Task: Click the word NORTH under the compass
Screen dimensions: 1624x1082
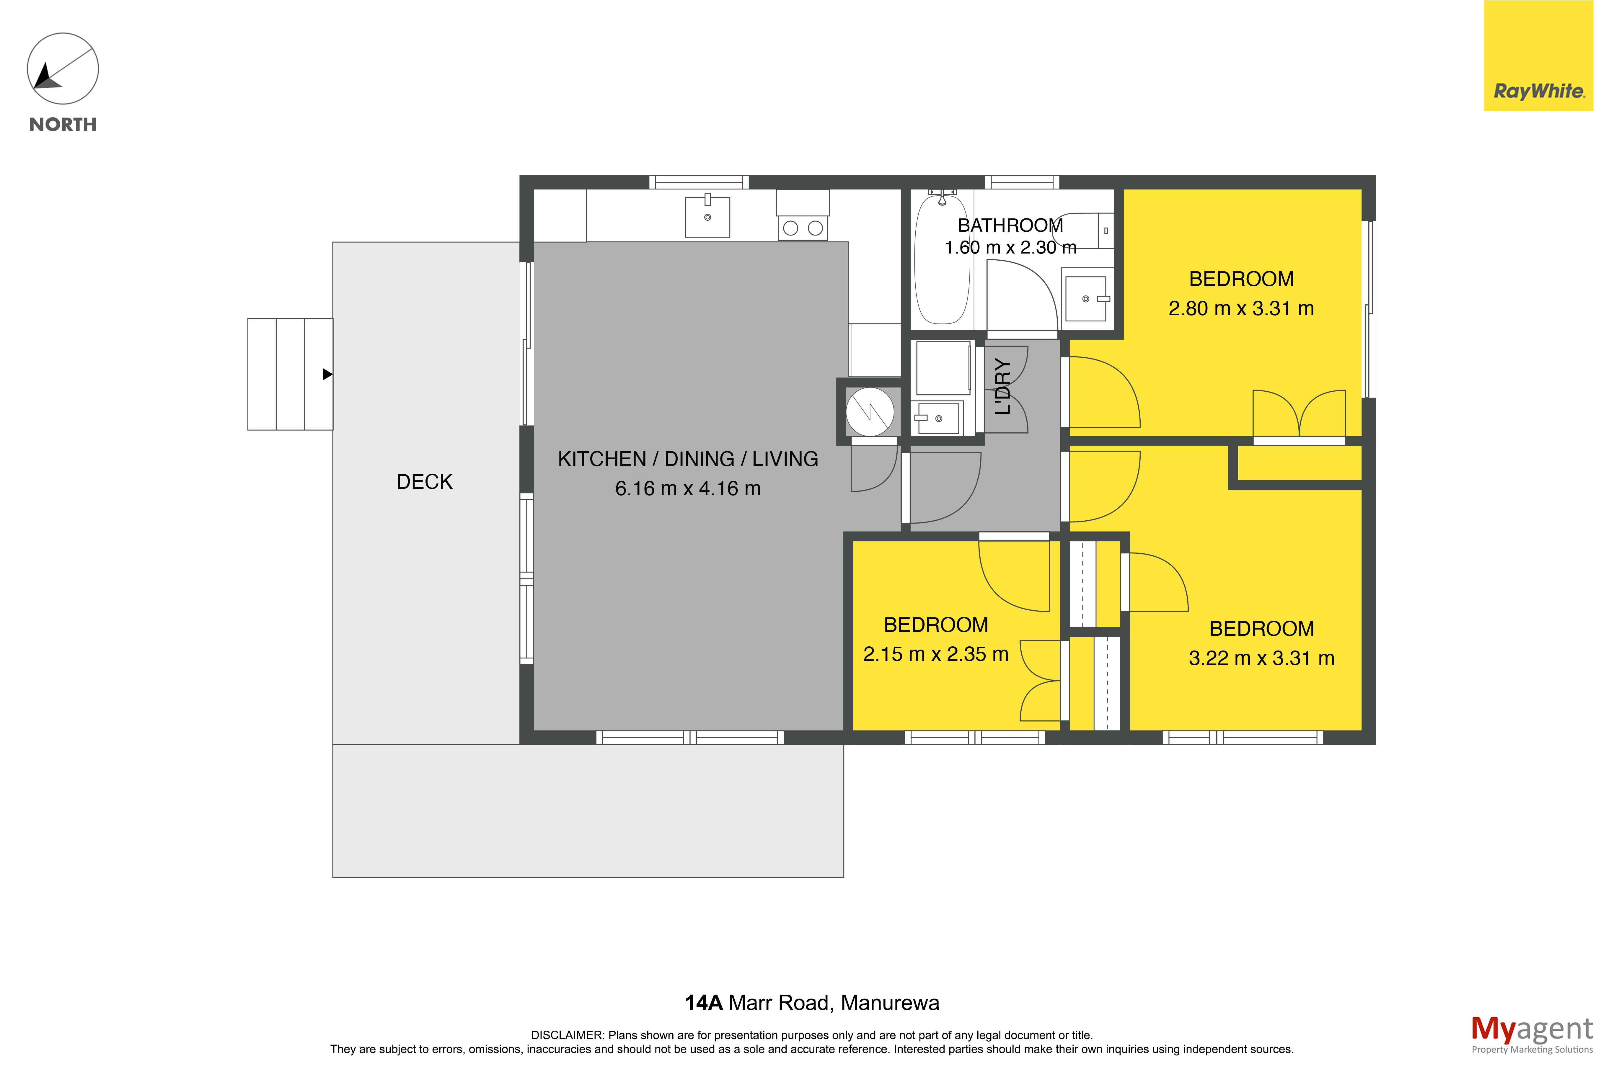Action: click(x=63, y=124)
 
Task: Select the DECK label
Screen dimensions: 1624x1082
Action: click(x=425, y=482)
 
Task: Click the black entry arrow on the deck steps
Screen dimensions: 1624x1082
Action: click(x=328, y=374)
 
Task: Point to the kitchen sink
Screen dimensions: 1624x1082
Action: click(x=707, y=217)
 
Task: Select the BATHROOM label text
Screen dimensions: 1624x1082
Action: click(x=1010, y=226)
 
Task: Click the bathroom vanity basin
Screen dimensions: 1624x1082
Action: click(x=1086, y=299)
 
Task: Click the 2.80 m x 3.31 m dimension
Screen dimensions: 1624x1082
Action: click(x=1241, y=308)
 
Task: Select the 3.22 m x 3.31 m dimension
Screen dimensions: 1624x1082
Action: click(x=1262, y=658)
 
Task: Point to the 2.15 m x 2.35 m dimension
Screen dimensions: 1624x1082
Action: click(x=936, y=654)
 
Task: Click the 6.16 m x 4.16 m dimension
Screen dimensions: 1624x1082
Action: click(x=688, y=488)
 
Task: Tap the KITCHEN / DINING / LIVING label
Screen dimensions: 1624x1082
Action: click(x=688, y=459)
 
